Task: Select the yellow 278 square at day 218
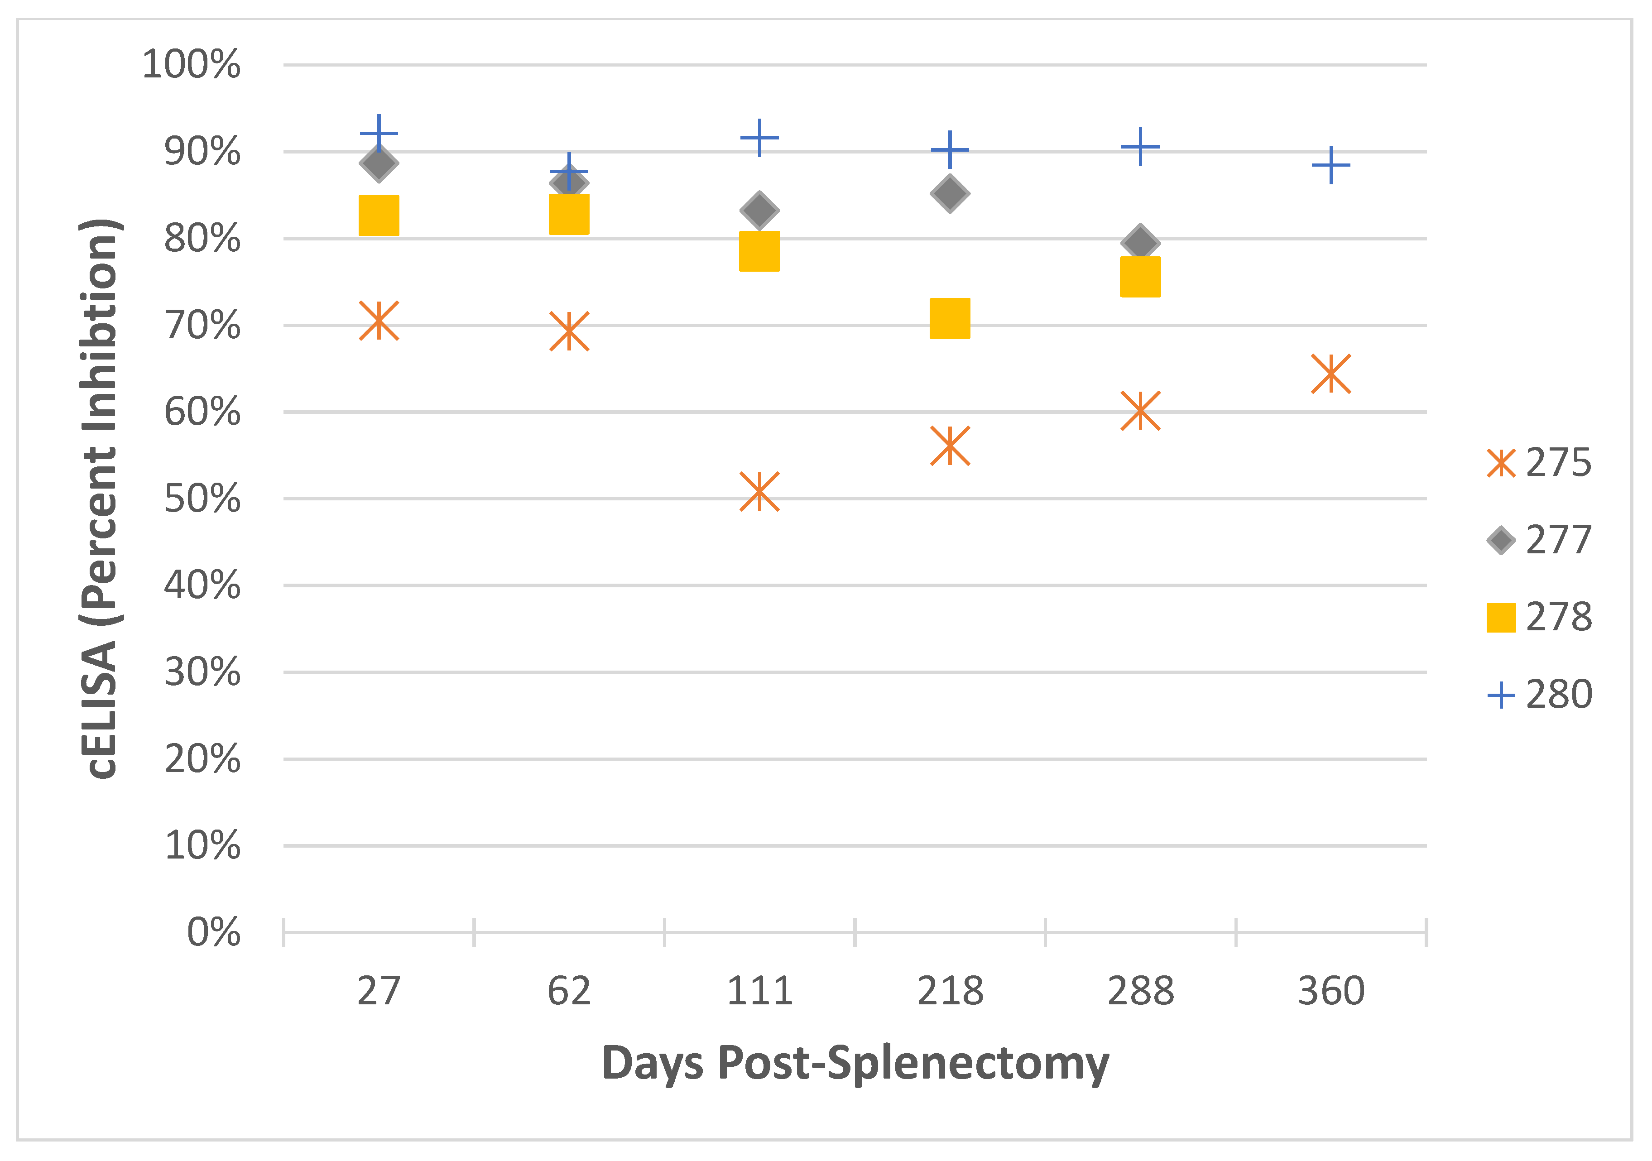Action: tap(950, 318)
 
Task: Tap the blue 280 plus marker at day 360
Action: tap(1330, 165)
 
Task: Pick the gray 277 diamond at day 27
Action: tap(379, 163)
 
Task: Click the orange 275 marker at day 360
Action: tap(1330, 373)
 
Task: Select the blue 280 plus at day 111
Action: tap(759, 137)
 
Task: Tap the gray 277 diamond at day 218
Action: tap(950, 193)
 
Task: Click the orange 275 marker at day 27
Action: tap(379, 321)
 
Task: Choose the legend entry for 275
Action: tap(1540, 462)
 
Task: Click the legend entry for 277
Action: tap(1540, 539)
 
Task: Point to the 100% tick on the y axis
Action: tap(192, 65)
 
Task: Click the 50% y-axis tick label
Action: tap(202, 499)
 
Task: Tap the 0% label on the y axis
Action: tap(214, 932)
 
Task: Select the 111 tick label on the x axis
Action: tap(759, 991)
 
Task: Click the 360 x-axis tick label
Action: tap(1330, 991)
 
